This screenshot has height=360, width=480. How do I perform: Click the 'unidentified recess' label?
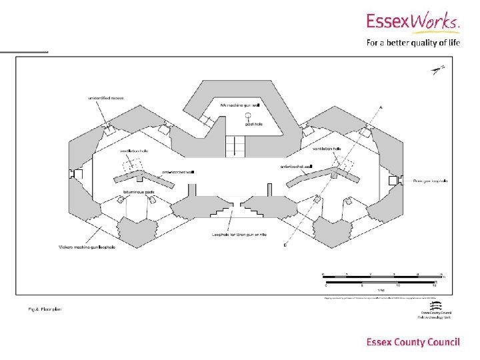pos(106,99)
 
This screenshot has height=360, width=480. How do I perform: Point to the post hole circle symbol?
pos(248,116)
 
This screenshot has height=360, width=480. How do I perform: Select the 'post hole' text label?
pos(254,124)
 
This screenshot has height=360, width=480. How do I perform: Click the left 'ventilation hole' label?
pos(134,151)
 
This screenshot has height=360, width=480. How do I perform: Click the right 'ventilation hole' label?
pos(327,149)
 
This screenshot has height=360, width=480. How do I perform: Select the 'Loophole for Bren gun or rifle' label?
pos(235,234)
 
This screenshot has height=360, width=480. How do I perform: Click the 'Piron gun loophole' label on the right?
pos(430,181)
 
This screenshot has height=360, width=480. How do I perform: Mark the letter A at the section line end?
pos(381,107)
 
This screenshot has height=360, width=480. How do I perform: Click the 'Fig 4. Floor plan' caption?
pos(45,309)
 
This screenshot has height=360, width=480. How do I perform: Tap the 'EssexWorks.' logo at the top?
pos(413,23)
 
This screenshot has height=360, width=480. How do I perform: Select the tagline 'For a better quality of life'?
pos(413,44)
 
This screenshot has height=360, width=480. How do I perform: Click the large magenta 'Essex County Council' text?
pos(413,342)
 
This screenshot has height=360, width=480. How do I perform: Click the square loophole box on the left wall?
pos(76,174)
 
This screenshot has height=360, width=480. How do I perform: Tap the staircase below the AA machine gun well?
pos(235,146)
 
